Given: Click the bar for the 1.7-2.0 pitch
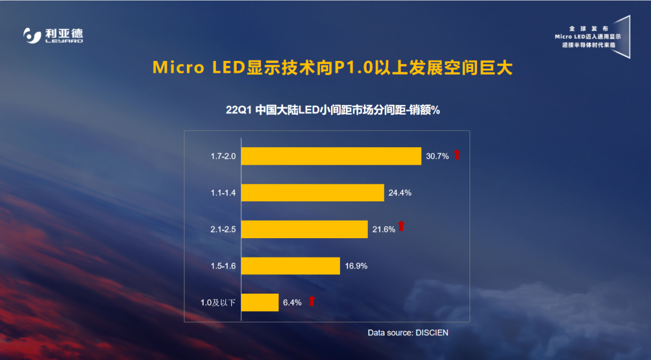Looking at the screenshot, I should click(331, 156).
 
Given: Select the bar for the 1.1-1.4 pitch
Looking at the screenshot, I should click(312, 192).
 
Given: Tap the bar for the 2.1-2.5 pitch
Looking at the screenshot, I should click(304, 229).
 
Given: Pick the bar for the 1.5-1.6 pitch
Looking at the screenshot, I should click(291, 266).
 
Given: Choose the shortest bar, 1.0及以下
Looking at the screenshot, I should click(260, 303).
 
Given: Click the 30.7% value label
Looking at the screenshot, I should click(437, 156).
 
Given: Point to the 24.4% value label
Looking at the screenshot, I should click(400, 193).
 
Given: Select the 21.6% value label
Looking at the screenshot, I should click(383, 229).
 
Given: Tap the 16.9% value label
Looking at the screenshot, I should click(356, 266).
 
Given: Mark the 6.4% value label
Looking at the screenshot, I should click(292, 303).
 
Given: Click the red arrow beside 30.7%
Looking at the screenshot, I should click(457, 155).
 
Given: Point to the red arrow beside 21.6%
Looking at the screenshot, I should click(401, 227).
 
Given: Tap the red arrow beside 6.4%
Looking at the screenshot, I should click(312, 301).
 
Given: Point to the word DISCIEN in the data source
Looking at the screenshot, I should click(432, 332).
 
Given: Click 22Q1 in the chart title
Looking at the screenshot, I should click(238, 110).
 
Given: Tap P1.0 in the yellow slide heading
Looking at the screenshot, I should click(351, 68).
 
